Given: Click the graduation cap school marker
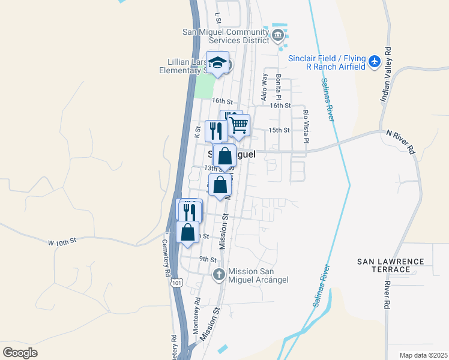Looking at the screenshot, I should click(x=217, y=62).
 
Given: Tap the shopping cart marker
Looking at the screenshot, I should click(x=239, y=125).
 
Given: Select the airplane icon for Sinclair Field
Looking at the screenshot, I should click(x=375, y=60).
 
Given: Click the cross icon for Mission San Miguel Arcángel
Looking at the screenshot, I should click(x=218, y=275).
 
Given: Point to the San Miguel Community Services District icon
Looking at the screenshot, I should click(x=277, y=34).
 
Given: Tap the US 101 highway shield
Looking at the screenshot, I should click(x=176, y=282).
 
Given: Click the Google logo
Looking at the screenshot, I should click(x=20, y=353).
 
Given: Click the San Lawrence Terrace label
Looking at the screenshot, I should click(x=390, y=265).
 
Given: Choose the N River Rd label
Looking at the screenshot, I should click(x=400, y=143).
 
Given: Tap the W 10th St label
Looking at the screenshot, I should click(x=63, y=241).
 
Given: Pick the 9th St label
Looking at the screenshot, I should click(x=208, y=259).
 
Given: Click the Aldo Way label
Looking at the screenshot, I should click(x=264, y=86).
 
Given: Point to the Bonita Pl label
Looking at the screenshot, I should click(x=279, y=88).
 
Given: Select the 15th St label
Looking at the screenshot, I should click(x=279, y=130).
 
